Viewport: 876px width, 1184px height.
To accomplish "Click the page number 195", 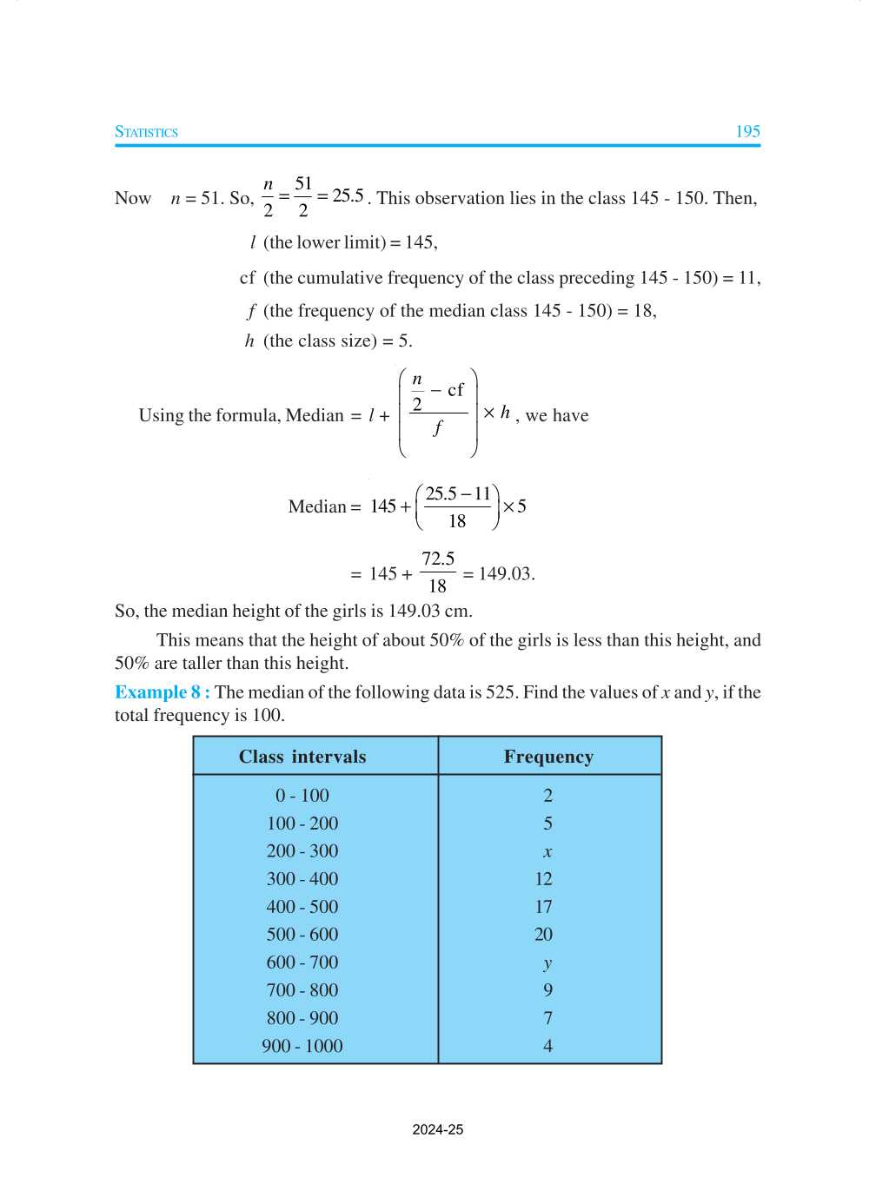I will (747, 131).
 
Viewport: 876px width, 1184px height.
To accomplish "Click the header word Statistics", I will (146, 132).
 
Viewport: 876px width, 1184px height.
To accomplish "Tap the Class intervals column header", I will (302, 757).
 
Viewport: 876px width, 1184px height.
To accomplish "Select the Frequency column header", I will (548, 757).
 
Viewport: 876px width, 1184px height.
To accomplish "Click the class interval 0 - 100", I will (302, 796).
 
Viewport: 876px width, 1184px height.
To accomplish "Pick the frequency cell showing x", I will (547, 852).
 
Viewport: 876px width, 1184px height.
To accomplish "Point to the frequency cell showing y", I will (547, 963).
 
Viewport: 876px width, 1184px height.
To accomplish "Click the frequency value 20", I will (543, 935).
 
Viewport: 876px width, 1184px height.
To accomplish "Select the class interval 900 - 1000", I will (302, 1046).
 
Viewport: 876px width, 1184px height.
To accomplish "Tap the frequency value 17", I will (543, 907).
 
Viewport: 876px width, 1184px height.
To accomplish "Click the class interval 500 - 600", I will (302, 935).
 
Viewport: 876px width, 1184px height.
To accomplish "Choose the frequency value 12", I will (543, 879).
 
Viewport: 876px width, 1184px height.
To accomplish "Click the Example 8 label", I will (162, 692).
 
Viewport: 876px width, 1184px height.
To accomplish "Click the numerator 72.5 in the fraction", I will (438, 559).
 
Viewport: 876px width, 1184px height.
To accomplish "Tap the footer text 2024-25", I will (438, 1129).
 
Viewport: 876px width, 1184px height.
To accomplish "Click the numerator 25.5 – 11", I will (458, 493).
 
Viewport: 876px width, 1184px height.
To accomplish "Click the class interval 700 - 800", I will (302, 990).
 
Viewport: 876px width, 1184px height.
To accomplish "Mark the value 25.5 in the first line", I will (348, 195).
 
